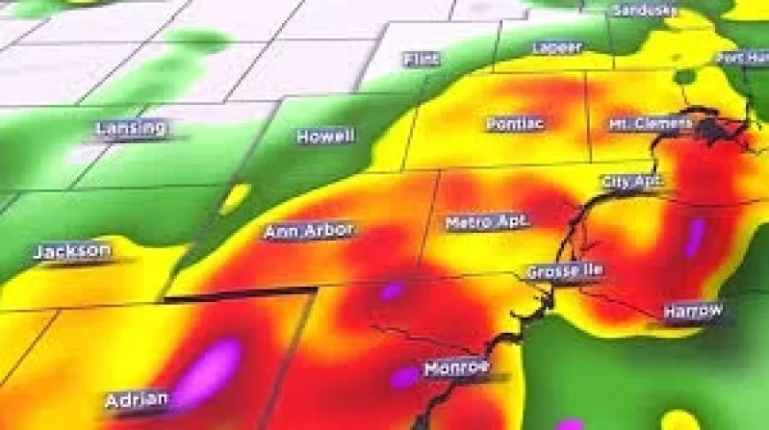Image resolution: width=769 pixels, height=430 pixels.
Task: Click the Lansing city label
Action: [x=130, y=129]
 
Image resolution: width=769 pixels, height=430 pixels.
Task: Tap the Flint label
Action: [x=421, y=59]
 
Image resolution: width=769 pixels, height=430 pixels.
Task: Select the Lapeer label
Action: [x=557, y=47]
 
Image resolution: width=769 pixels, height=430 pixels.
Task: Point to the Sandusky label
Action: [x=644, y=11]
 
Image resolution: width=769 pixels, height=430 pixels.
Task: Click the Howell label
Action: [x=325, y=137]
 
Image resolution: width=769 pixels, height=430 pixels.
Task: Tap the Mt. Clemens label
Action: [x=651, y=124]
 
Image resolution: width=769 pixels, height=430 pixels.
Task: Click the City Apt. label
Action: [x=632, y=182]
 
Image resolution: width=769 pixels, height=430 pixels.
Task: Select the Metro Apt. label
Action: [x=487, y=222]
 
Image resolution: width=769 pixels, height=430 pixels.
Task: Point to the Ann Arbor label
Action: [x=308, y=231]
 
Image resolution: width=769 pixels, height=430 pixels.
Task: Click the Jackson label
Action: [x=72, y=252]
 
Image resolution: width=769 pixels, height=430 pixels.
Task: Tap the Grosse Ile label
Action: [x=564, y=271]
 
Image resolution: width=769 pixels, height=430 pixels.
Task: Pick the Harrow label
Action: [x=693, y=311]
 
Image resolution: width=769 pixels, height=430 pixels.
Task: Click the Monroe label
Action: [x=456, y=368]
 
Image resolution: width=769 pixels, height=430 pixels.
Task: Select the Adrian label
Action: [x=137, y=400]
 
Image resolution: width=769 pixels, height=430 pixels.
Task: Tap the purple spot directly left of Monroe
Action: [x=405, y=377]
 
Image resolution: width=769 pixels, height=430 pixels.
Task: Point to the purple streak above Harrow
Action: [x=695, y=237]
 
